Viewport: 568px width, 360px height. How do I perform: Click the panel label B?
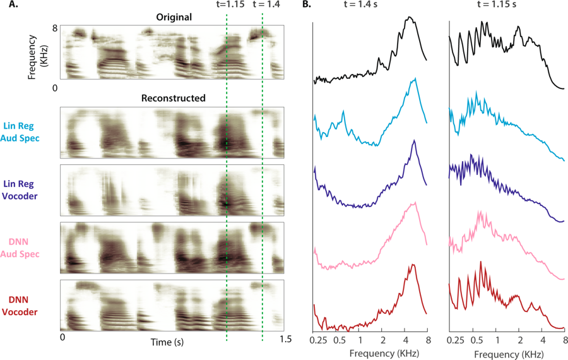pos(305,5)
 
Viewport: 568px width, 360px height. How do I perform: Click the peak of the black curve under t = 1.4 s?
pos(410,17)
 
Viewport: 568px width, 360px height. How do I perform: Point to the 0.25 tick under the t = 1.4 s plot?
pos(319,340)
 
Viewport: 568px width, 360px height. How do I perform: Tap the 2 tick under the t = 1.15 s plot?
pos(519,340)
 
